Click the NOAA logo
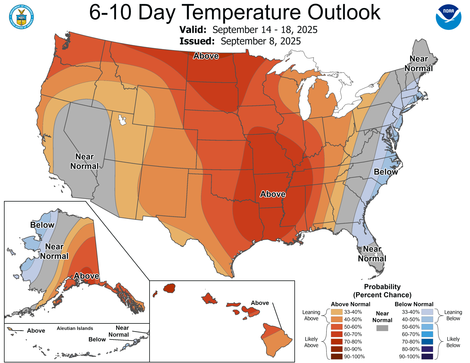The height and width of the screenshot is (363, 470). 448,17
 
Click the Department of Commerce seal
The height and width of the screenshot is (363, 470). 21,17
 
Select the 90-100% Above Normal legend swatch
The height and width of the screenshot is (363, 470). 336,356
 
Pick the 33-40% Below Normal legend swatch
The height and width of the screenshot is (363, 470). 427,312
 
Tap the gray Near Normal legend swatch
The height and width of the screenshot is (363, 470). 382,328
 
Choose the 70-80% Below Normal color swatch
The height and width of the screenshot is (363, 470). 427,342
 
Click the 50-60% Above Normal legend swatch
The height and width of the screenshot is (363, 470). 336,327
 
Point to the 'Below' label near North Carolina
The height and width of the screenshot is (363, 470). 386,172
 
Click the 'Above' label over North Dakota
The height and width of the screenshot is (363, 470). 206,56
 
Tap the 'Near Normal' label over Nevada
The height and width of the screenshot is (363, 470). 84,161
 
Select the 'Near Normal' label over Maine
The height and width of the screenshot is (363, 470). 419,64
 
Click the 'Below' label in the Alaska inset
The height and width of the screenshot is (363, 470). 42,225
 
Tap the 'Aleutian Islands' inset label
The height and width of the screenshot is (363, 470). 75,328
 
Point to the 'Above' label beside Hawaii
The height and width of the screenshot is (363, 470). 260,303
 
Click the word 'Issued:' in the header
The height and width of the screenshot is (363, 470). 197,41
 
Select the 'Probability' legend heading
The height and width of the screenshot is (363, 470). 382,287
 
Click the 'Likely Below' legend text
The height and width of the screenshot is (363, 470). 453,342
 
